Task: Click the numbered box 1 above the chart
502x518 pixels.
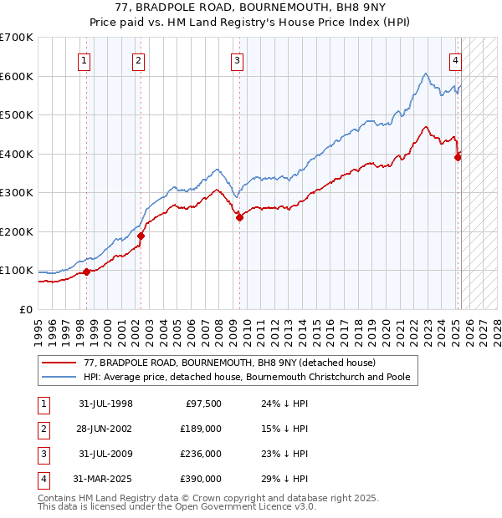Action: [x=85, y=60]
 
